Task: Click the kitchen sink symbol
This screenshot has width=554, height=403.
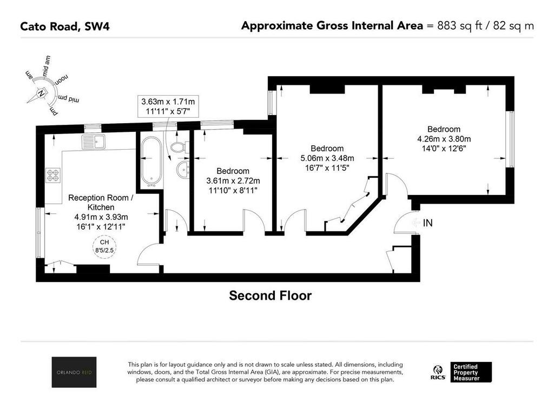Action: [x=93, y=142]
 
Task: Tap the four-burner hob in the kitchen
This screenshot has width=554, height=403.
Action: [x=53, y=176]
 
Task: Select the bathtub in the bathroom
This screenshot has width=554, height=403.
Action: [x=151, y=162]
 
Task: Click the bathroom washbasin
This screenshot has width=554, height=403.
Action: [x=183, y=171]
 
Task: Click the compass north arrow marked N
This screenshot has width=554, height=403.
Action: [x=40, y=95]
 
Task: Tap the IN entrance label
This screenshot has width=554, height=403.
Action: [x=427, y=223]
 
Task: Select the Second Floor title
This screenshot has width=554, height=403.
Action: [x=271, y=295]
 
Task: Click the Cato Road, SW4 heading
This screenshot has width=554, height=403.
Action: [x=65, y=26]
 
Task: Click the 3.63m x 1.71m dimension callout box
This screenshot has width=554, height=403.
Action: [x=168, y=106]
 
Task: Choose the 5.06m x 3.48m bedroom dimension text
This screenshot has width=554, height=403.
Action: [x=327, y=158]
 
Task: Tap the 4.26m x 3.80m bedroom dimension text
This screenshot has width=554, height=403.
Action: [x=444, y=139]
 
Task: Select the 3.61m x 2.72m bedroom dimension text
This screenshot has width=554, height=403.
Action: [x=233, y=180]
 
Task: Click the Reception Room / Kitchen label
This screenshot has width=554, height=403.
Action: [x=101, y=202]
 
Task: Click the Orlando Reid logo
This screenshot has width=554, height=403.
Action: [x=74, y=372]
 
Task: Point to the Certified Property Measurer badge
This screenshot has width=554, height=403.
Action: [x=471, y=372]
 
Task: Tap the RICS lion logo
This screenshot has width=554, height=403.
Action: [x=438, y=373]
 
